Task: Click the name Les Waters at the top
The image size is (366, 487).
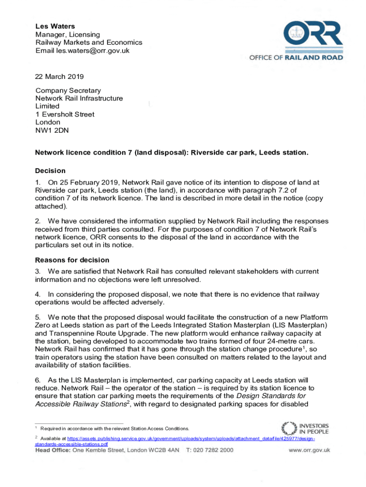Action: (x=55, y=27)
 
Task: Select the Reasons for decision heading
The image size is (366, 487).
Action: (x=72, y=260)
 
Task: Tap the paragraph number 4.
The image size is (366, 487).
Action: (x=38, y=294)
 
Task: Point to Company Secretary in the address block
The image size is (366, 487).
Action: (x=68, y=90)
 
